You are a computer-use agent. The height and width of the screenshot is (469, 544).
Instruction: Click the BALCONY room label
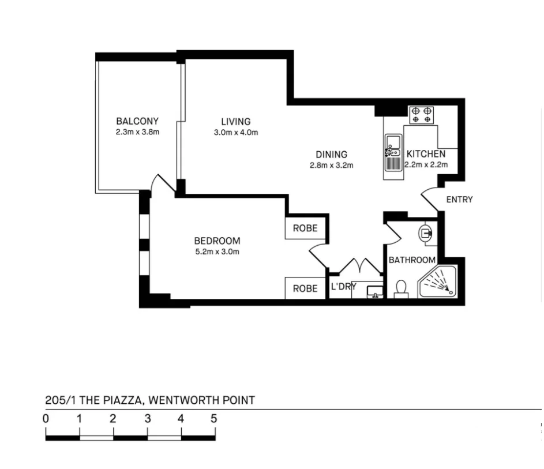coord(137,121)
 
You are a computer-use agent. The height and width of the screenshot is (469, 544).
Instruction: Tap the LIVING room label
coord(236,122)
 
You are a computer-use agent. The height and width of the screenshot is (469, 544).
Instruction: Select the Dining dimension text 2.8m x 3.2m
coord(331,165)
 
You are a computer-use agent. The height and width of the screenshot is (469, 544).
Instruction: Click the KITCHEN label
coord(426,154)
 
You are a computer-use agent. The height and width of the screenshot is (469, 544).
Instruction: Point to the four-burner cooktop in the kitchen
coord(422,115)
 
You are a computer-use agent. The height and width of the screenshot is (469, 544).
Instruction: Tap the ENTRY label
coord(459,200)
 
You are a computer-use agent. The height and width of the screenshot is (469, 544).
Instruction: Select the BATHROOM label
coord(411,260)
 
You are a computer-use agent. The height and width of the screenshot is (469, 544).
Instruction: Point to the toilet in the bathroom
coord(401,288)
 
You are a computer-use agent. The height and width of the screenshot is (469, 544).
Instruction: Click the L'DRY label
coord(343,287)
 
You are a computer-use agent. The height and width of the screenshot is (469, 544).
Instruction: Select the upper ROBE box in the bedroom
coord(305,228)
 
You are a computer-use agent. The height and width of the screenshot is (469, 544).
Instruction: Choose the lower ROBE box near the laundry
coord(305,288)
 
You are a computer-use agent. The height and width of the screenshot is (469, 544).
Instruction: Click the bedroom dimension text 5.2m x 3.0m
coord(217,252)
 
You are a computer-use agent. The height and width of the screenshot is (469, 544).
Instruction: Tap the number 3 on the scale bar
coord(148,419)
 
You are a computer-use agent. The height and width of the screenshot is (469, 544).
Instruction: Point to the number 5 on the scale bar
coord(213,419)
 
